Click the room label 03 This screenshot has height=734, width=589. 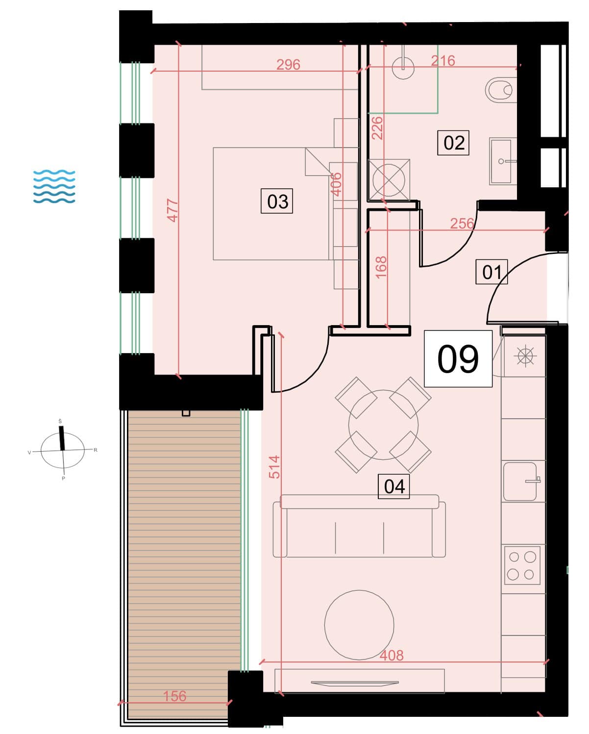[276, 201]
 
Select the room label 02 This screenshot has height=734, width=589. [453, 143]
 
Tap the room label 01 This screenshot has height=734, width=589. [491, 272]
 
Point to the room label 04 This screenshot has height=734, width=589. [393, 486]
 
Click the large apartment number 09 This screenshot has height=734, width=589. [458, 358]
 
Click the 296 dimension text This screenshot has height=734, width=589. [288, 65]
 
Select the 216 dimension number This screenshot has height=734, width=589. [443, 61]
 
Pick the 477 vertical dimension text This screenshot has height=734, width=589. [173, 210]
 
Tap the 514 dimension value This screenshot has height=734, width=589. [274, 467]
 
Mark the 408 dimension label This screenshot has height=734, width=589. [392, 655]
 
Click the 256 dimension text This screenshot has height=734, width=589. [462, 224]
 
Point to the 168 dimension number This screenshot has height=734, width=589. [381, 267]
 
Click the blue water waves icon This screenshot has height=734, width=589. [54, 186]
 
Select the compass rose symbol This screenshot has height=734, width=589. [62, 450]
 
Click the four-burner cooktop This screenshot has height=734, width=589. [522, 565]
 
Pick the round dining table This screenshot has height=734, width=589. [383, 425]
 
